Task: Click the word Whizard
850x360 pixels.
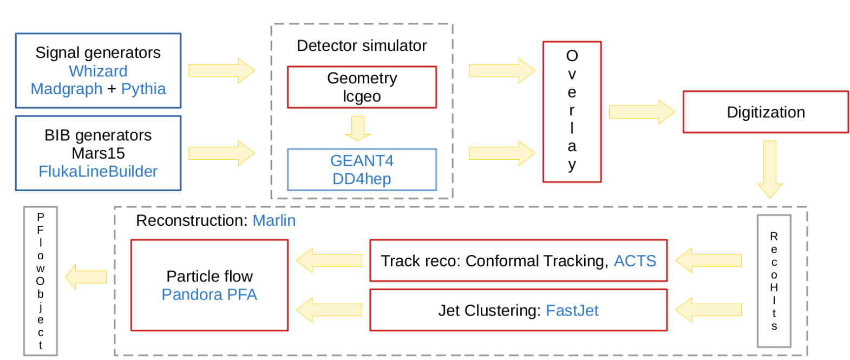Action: [98, 71]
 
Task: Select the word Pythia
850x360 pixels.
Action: [143, 89]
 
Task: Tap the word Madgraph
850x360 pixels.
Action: [66, 89]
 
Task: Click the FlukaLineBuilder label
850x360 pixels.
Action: [98, 172]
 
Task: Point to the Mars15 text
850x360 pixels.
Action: [98, 153]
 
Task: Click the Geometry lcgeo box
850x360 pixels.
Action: [362, 87]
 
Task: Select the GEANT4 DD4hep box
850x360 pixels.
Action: [362, 169]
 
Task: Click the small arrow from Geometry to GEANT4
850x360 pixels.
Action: [357, 128]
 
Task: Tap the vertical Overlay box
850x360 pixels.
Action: [572, 112]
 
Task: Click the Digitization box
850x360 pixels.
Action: [765, 112]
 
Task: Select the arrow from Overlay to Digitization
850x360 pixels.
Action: [641, 112]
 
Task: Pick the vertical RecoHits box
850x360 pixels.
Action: [774, 280]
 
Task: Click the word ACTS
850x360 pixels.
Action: [635, 261]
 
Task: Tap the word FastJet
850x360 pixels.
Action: [572, 311]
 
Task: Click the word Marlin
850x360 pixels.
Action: [274, 220]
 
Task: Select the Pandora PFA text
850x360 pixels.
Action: [209, 294]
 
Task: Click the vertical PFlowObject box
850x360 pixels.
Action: [41, 280]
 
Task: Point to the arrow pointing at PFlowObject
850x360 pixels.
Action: [86, 277]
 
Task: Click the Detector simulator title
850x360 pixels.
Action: [362, 45]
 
